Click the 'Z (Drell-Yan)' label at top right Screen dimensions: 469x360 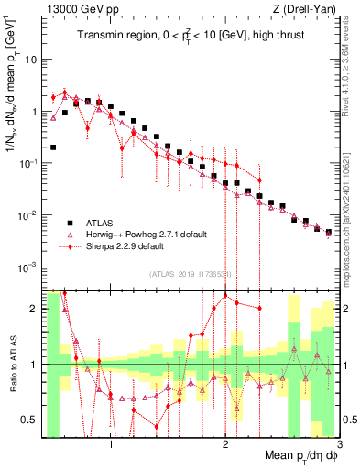click(307, 9)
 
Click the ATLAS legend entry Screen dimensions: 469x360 click(103, 223)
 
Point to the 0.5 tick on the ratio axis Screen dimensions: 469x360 click(31, 420)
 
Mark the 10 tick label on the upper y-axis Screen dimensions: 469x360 click(32, 60)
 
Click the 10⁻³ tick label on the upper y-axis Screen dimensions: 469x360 click(30, 267)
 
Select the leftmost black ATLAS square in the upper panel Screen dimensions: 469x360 click(53, 147)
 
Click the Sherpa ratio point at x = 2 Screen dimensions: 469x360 click(225, 295)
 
